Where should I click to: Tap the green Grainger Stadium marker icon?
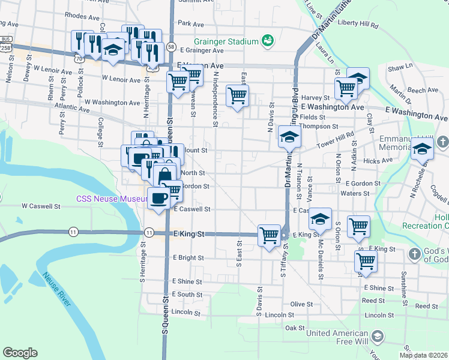268,41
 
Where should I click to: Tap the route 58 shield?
172,46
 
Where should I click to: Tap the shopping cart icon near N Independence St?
238,95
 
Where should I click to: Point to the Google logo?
20,353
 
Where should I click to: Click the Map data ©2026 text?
423,355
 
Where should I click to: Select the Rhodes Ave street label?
82,16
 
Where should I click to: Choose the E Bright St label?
188,258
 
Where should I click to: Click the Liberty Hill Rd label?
358,26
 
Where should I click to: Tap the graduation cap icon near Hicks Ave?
422,147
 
